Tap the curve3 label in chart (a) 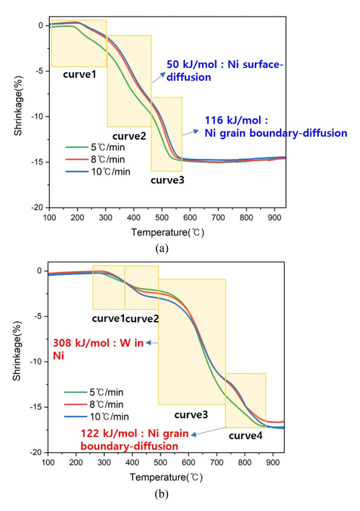[x=167, y=180]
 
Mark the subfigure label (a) [x=162, y=249]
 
